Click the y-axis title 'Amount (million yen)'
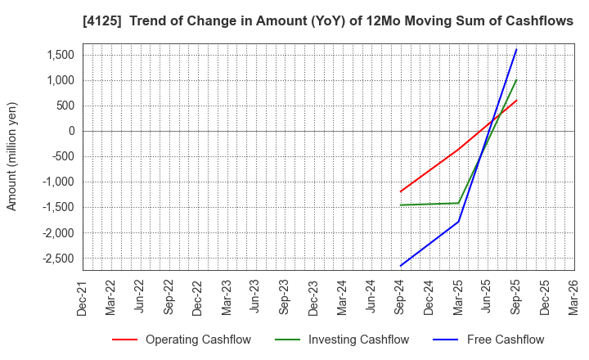pyautogui.click(x=12, y=156)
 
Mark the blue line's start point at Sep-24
pyautogui.click(x=401, y=266)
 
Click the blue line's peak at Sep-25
pyautogui.click(x=516, y=49)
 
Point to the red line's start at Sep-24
pyautogui.click(x=401, y=191)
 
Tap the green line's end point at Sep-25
pyautogui.click(x=516, y=80)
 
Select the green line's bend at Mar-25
pyautogui.click(x=458, y=203)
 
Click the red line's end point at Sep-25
pyautogui.click(x=516, y=101)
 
